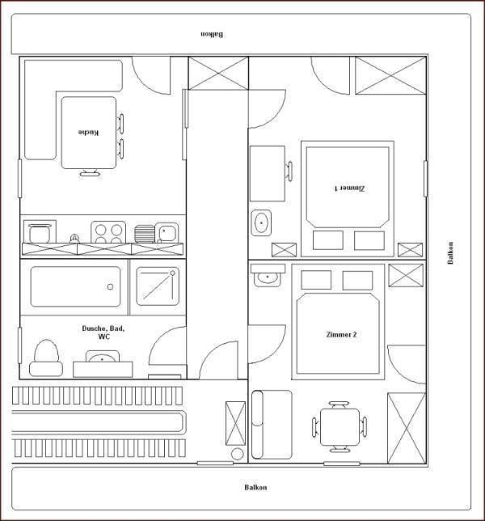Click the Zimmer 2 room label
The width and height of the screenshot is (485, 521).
(341, 335)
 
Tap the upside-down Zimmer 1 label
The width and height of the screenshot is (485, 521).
(349, 188)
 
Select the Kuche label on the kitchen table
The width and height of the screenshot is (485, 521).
(88, 132)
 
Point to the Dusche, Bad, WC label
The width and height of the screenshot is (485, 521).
(103, 333)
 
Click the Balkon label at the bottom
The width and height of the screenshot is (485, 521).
(255, 488)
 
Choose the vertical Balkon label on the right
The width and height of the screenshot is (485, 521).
(450, 253)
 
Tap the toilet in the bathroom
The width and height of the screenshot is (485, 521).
(46, 358)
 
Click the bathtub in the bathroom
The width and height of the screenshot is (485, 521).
(75, 286)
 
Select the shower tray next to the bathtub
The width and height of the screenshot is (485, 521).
(158, 286)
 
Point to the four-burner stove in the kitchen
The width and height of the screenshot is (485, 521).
(108, 232)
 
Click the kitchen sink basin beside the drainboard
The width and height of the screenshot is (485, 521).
(167, 232)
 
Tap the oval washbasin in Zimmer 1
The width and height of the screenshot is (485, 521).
(261, 222)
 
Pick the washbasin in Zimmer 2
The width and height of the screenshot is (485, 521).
(268, 277)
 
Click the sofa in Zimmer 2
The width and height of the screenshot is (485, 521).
(272, 425)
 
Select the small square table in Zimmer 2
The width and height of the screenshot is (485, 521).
(339, 427)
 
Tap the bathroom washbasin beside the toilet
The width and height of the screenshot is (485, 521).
(103, 357)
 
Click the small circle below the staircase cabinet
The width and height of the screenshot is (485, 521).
(237, 454)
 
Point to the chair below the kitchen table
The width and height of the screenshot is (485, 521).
(90, 173)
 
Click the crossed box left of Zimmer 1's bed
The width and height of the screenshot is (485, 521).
(284, 250)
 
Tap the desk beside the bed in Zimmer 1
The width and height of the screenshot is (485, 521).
(268, 173)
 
